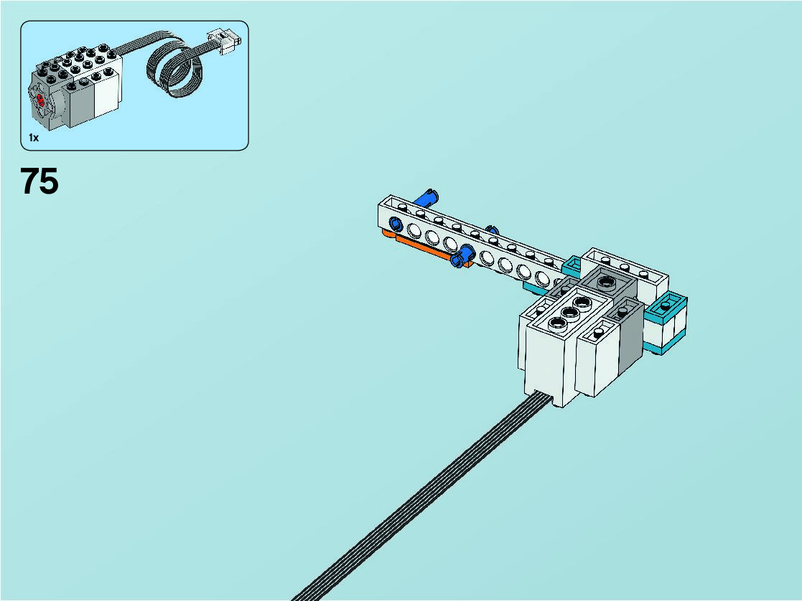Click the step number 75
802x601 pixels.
[x=39, y=181]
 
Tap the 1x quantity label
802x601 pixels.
[x=34, y=138]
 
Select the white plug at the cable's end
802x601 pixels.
[x=224, y=41]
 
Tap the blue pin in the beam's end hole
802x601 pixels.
[x=396, y=224]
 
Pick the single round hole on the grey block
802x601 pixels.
[x=607, y=281]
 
